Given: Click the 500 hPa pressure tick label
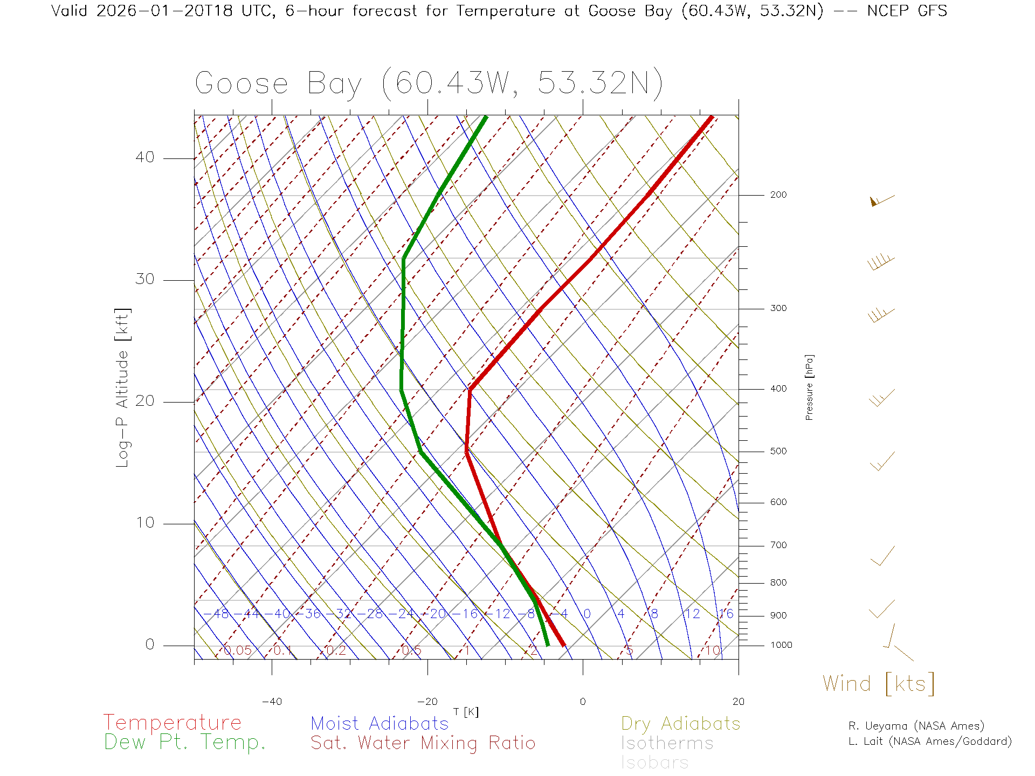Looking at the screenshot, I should click(778, 451).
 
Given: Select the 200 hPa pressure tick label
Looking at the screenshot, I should click(778, 195).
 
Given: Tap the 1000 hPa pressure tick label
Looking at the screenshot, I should click(781, 645).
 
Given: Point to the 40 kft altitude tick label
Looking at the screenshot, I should click(144, 157).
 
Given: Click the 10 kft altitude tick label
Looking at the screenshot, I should click(144, 523).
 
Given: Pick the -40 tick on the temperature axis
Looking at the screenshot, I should click(272, 702).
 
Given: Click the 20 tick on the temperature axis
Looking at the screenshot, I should click(738, 702).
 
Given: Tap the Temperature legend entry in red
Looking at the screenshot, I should click(172, 722).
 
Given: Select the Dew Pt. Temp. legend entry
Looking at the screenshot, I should click(185, 743).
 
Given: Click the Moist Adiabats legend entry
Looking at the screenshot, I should click(380, 723).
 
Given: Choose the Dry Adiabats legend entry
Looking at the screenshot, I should click(680, 723).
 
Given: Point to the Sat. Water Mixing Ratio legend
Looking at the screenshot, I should click(423, 743).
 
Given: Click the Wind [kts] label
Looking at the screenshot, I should click(879, 683).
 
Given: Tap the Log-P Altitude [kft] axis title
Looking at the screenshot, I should click(123, 388).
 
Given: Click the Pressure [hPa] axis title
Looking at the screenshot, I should click(809, 387).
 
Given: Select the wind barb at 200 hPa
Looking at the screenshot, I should click(882, 200).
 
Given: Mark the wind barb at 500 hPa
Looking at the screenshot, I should click(882, 461).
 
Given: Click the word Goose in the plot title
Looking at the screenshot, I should click(241, 84).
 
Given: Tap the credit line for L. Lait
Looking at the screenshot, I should click(930, 742).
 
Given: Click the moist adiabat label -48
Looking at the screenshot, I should click(220, 614).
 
